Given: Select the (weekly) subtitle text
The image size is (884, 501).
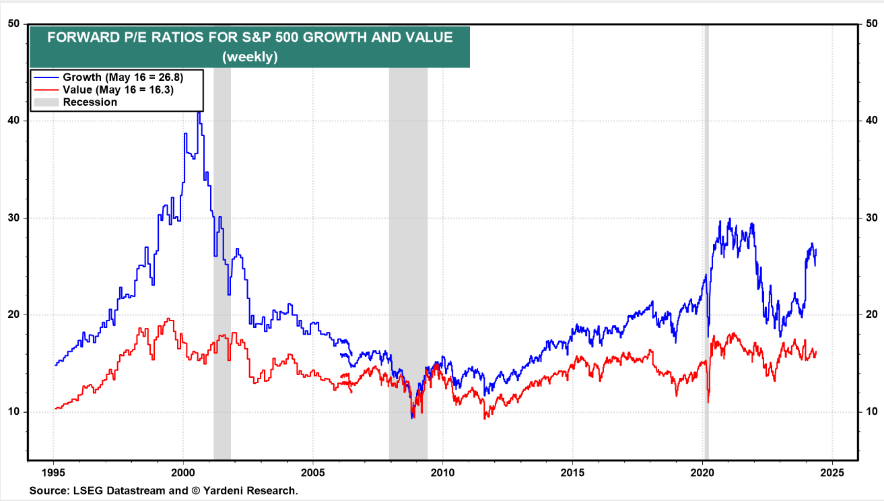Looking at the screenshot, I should tap(250, 57).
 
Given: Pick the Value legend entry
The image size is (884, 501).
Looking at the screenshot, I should tap(118, 90).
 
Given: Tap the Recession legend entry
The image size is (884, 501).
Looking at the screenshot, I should tap(90, 102).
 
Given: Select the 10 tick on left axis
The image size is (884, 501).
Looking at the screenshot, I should tap(13, 412).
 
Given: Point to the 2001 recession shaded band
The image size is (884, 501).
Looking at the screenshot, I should tap(222, 269).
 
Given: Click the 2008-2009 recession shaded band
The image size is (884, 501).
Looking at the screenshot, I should tap(408, 269).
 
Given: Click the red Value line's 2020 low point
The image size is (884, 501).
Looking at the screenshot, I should tap(708, 402).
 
